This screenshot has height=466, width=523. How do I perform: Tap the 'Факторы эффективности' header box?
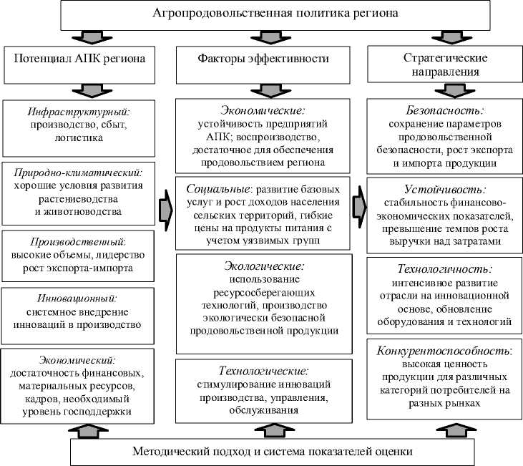(263, 59)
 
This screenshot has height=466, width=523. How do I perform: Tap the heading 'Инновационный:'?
(79, 297)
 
